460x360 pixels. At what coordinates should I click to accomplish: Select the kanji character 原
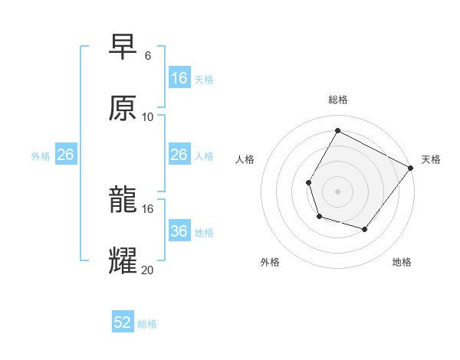(123, 108)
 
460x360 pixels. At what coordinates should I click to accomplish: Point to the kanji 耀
(123, 260)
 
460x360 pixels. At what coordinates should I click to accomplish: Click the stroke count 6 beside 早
(147, 56)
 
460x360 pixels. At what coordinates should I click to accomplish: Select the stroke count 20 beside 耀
(147, 269)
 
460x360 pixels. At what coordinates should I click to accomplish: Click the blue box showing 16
(179, 78)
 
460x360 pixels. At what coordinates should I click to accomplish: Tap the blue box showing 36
(179, 231)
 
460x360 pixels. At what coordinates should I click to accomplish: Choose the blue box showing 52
(122, 322)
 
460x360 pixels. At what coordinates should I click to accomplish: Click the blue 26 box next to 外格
(65, 155)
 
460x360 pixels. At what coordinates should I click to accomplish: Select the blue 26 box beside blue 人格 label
(179, 155)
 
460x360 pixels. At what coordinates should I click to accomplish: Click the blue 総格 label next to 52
(147, 324)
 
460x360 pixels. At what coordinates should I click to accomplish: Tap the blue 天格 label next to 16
(204, 79)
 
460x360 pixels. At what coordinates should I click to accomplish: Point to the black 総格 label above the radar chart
(338, 100)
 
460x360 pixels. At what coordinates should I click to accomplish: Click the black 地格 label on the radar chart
(402, 262)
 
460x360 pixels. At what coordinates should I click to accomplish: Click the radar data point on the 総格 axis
(337, 130)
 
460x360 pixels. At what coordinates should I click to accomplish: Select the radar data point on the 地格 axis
(365, 229)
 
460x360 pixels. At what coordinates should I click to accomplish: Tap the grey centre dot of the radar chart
(337, 191)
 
